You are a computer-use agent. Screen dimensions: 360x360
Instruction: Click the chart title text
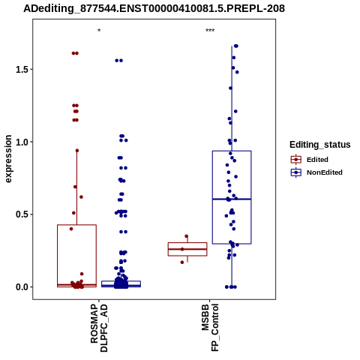coord(154,9)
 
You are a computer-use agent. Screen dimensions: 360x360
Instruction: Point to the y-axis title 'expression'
coord(8,159)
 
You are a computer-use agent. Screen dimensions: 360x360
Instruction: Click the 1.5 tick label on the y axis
coord(22,70)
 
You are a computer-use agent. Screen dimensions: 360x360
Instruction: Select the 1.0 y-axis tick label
coord(22,142)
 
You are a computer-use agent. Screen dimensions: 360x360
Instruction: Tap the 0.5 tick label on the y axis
coord(22,214)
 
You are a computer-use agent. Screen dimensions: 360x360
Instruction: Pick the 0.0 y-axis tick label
coord(22,287)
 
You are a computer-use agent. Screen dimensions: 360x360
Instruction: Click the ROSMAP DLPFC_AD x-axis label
coord(99,328)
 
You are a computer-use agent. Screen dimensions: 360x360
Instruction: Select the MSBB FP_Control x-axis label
coord(210,328)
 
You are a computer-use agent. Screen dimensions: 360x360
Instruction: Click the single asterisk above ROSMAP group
coord(99,31)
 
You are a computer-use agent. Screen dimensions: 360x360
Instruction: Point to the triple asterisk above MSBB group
coord(210,31)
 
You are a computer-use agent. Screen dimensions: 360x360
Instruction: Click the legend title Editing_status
coord(320,145)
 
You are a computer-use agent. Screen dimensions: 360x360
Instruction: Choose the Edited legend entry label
coord(317,160)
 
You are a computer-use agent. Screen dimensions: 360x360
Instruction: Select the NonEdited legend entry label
coord(325,172)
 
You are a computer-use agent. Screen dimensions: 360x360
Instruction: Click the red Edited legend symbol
coord(296,160)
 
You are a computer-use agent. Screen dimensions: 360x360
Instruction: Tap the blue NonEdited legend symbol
coord(296,172)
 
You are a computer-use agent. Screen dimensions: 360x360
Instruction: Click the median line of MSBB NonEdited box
coord(232,199)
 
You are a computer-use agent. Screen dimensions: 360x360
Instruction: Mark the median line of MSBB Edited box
coord(187,249)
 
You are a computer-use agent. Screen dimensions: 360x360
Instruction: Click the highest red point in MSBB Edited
coord(186,236)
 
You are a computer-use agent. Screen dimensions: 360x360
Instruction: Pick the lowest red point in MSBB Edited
coord(182,262)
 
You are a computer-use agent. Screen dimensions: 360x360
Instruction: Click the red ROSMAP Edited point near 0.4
coord(71,229)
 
